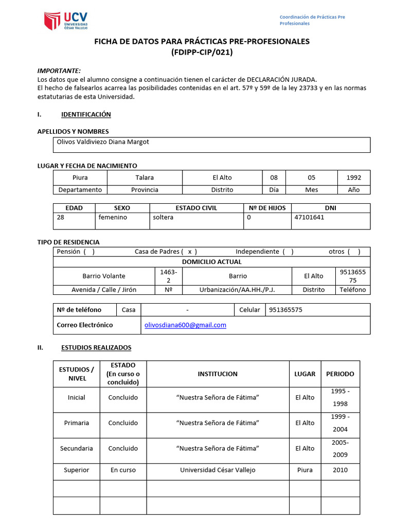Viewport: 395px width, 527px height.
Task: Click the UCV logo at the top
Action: point(66,21)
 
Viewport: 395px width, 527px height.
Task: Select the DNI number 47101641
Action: point(309,217)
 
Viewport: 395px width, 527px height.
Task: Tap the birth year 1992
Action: point(353,178)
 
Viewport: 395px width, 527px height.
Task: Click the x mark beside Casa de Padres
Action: point(189,252)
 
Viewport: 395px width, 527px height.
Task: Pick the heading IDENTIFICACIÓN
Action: point(86,114)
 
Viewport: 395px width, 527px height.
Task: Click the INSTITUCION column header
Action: point(218,374)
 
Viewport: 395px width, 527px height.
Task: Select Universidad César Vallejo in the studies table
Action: point(218,470)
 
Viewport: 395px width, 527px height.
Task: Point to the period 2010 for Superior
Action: point(340,470)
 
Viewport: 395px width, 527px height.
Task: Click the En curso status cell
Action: point(123,470)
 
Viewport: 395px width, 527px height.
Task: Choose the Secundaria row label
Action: point(77,448)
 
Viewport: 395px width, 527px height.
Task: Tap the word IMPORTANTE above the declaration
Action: point(59,71)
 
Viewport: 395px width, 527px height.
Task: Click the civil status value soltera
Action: point(163,217)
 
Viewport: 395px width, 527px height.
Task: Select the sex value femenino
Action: point(113,217)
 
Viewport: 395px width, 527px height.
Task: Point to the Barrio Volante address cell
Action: point(104,276)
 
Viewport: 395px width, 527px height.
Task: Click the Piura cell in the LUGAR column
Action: point(304,470)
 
